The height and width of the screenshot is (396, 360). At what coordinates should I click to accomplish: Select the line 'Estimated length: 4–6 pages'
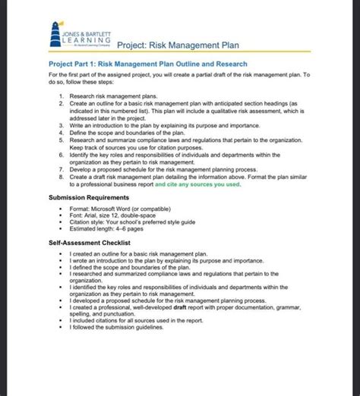tap(106, 228)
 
